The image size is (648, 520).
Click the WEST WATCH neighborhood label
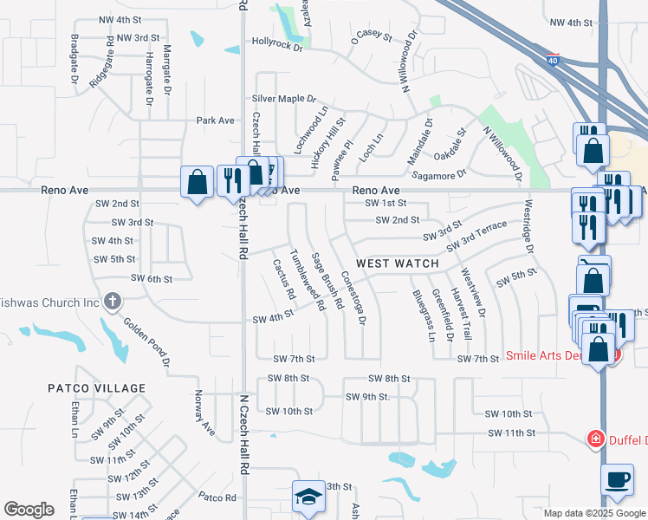click(397, 262)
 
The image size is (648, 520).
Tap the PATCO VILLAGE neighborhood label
click(96, 388)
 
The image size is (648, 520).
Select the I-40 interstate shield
click(554, 60)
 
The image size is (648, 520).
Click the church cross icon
click(112, 302)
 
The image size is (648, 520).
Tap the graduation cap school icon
click(308, 497)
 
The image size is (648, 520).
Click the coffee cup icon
click(617, 480)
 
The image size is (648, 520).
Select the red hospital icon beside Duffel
click(595, 439)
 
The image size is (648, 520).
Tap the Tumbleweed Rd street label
click(307, 281)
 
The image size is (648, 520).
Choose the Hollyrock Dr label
click(276, 42)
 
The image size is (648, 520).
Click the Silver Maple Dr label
click(284, 100)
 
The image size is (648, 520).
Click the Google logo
click(29, 510)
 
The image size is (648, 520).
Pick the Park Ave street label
click(216, 120)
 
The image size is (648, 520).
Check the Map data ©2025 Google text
click(593, 513)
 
